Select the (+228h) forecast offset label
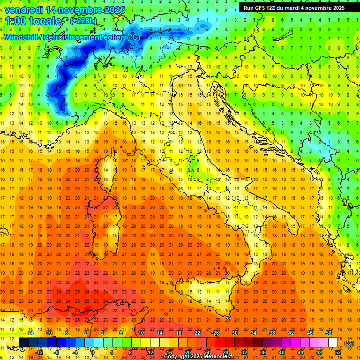coord(83,21)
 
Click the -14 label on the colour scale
coord(30,333)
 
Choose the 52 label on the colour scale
coord(338,352)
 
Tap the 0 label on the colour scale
coord(92,352)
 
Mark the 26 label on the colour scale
coord(216,333)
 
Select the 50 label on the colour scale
coord(329,333)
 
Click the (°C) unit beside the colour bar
coord(349,343)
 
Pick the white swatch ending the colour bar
coord(333,343)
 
